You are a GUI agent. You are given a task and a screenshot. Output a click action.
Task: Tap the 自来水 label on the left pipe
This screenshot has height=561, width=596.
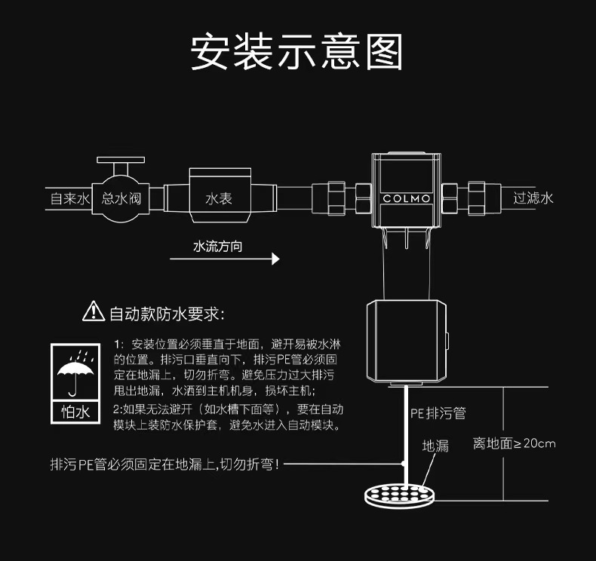pos(69,199)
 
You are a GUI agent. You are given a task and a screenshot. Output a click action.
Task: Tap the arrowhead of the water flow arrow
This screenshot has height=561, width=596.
pos(275,259)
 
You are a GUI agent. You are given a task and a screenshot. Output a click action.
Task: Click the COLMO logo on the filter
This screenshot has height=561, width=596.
pos(406,199)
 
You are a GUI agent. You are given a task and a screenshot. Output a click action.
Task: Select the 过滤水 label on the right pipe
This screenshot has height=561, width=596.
pos(533,198)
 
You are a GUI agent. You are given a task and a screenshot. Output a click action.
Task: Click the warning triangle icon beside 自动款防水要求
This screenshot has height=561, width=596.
pos(93,311)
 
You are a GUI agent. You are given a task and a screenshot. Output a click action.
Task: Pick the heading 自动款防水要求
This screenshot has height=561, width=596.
pos(167,312)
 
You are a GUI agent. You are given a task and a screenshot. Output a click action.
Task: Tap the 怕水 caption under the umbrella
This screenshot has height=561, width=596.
pos(75,412)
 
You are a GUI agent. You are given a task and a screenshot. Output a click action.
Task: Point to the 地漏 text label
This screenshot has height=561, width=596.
pos(435,446)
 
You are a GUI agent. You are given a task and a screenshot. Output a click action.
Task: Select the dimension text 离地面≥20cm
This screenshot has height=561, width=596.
pos(514,443)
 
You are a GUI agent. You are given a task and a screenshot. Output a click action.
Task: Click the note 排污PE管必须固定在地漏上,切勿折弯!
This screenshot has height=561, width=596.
pos(164,464)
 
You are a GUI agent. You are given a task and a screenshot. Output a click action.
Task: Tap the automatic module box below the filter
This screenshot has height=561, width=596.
pos(406,341)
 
